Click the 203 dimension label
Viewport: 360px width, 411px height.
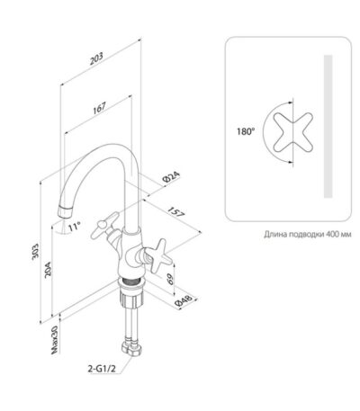coord(96,58)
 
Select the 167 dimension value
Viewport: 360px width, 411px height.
coord(99,108)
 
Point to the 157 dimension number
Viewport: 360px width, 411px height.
coord(176,211)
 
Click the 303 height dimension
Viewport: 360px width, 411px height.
coord(35,252)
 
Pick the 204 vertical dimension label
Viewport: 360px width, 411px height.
coord(48,270)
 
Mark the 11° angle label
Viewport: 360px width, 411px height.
coord(74,226)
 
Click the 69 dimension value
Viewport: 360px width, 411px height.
coord(170,280)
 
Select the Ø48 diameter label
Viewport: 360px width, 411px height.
coord(184,301)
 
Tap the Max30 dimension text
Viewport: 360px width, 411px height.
coord(54,340)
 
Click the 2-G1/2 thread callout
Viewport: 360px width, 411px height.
coord(102,369)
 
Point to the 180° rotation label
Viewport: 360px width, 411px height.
coord(246,131)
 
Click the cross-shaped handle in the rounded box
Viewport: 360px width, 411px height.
coord(293,132)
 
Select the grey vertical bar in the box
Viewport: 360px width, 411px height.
coord(328,126)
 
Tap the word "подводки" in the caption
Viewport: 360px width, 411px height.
coord(307,234)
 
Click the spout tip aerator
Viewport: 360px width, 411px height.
coord(65,212)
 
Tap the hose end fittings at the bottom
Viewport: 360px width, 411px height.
coord(132,348)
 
